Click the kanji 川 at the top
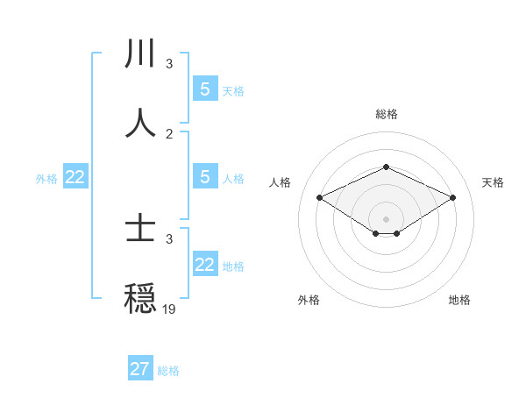(140, 53)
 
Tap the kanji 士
(140, 230)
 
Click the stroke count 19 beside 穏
(169, 309)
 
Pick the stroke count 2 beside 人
(169, 133)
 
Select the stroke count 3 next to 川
(169, 64)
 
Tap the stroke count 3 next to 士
(169, 238)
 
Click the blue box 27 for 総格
(140, 369)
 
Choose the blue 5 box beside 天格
(205, 89)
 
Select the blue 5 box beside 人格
(205, 177)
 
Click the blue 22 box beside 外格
(75, 177)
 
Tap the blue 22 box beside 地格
(205, 265)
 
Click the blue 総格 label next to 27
(168, 371)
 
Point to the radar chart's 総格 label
(386, 114)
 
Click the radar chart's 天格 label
(493, 182)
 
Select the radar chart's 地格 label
(459, 300)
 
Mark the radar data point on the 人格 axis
(320, 198)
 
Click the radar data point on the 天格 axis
(452, 198)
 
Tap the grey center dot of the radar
(386, 218)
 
